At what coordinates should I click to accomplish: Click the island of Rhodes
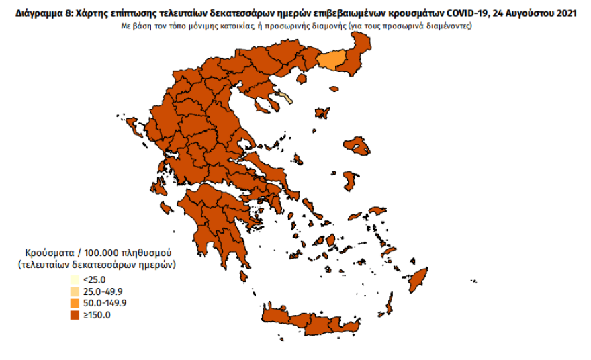coord(420,277)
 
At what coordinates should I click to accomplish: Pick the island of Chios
coord(349,180)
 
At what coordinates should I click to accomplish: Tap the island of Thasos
coord(302,78)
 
